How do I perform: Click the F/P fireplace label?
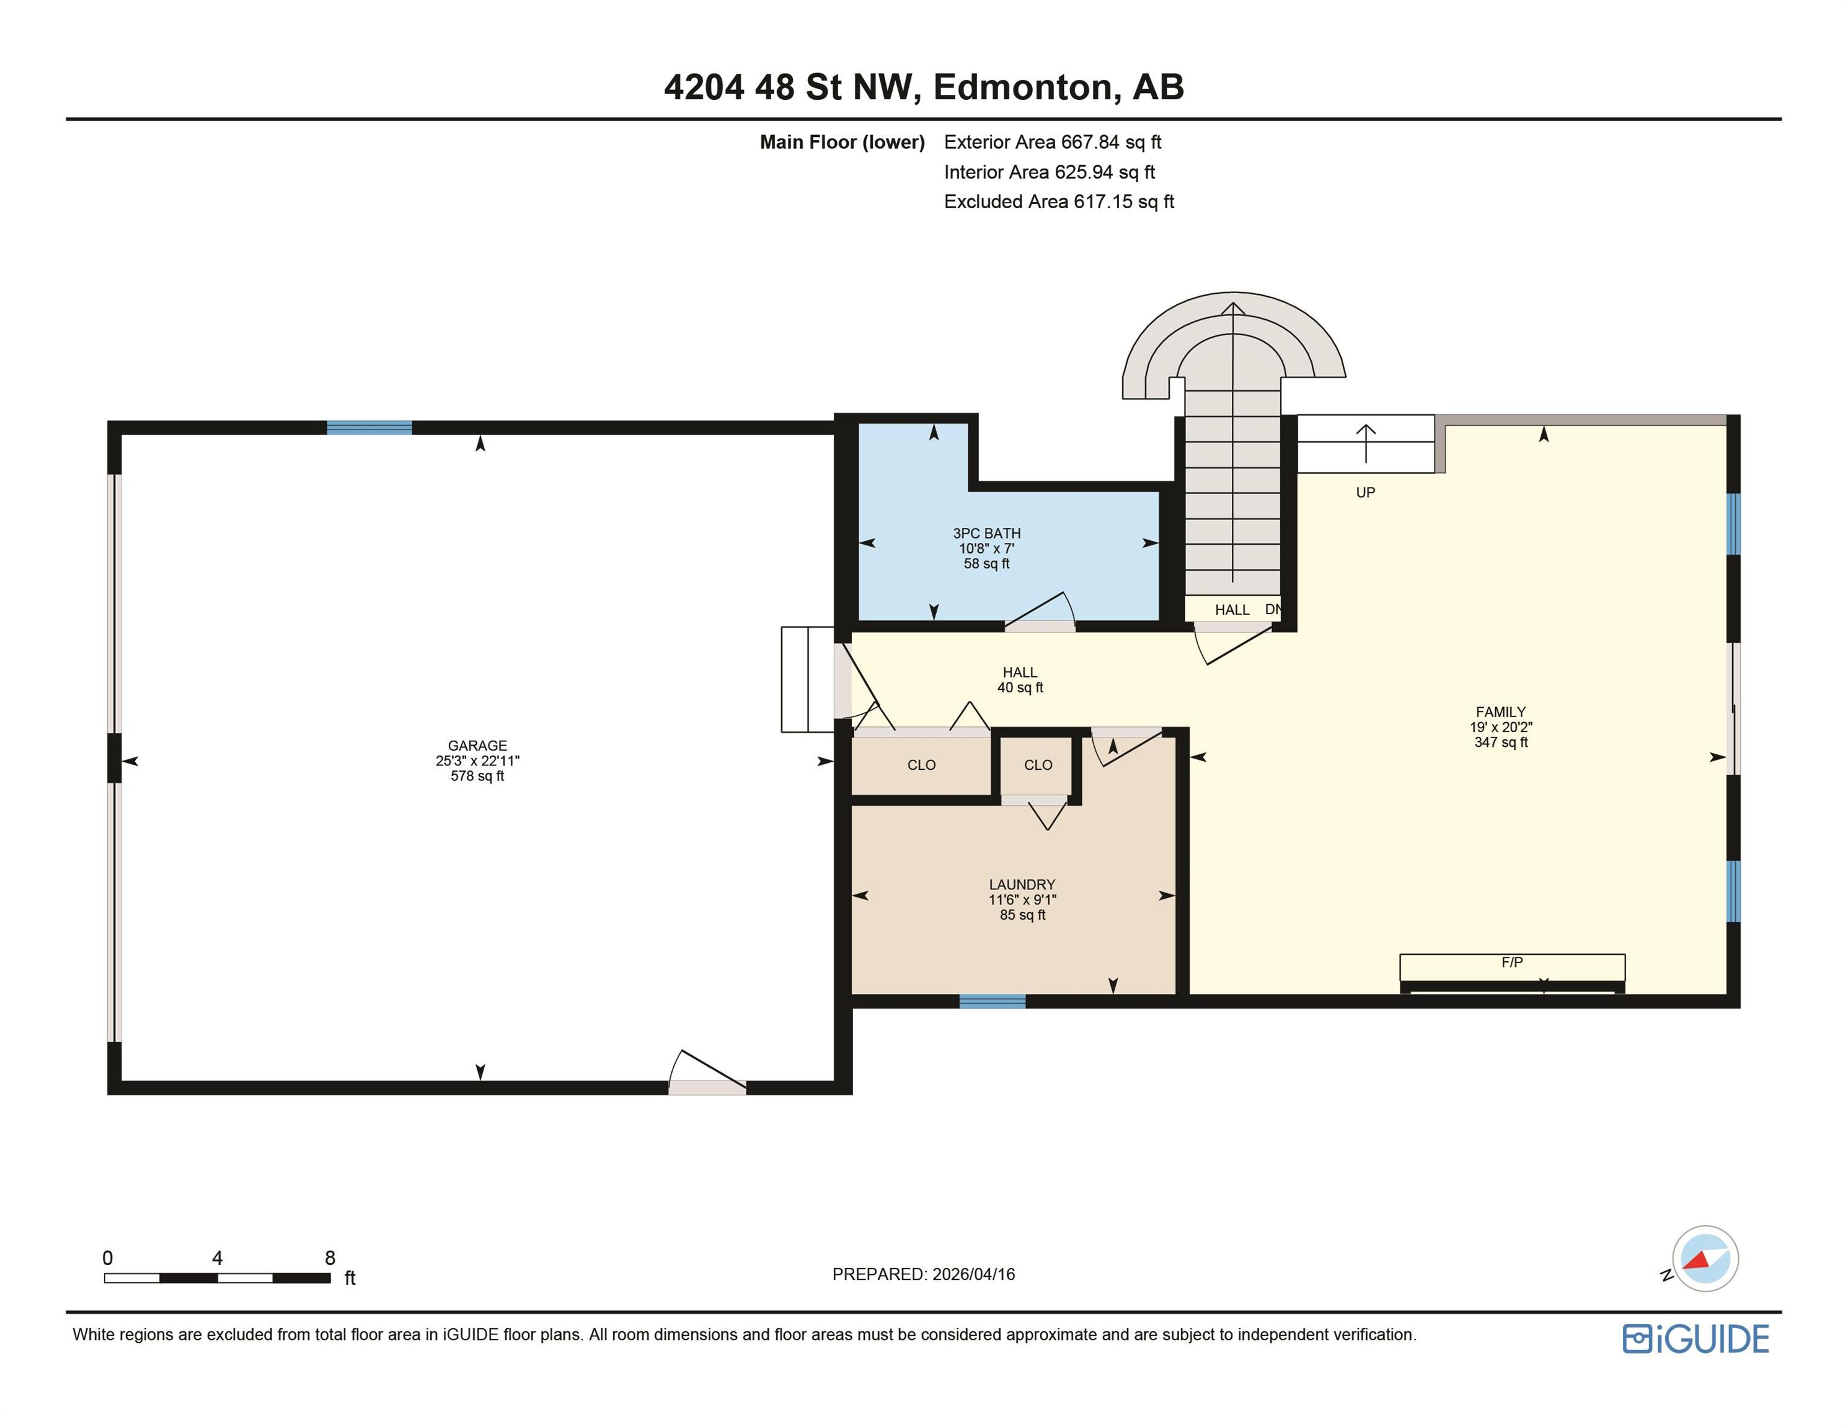pos(1512,962)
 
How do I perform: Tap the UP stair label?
pos(1366,492)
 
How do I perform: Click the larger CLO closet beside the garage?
pos(921,765)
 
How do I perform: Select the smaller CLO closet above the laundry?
pos(1038,765)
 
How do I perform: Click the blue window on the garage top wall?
pos(369,427)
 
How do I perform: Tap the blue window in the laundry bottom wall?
pos(993,1002)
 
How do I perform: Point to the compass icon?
pos(1704,1259)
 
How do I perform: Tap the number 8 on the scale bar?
pos(330,1258)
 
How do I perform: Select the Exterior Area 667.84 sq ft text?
pos(1053,142)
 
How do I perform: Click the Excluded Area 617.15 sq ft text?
pos(1059,201)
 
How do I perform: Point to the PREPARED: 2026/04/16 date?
pos(923,1274)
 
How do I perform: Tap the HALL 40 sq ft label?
pos(1020,680)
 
